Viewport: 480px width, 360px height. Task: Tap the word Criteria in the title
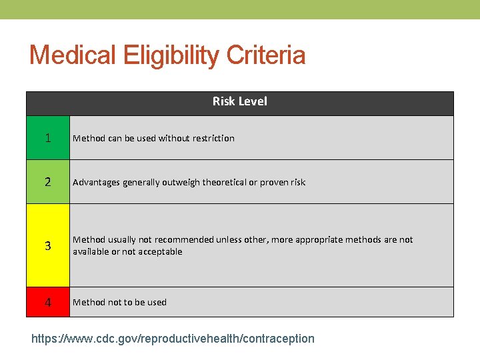[x=266, y=55]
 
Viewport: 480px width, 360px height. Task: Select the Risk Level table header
[x=240, y=101]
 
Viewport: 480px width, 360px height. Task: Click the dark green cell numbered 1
[x=48, y=138]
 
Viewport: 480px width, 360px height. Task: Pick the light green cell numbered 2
[x=48, y=182]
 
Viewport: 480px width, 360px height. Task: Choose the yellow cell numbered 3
[x=48, y=245]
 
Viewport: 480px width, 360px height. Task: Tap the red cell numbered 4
[x=48, y=302]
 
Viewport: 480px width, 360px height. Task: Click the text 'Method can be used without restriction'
[x=153, y=138]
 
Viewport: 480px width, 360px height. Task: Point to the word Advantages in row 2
[x=96, y=182]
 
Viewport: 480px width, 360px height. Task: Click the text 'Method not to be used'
[x=119, y=302]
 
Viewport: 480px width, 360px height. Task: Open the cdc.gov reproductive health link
[x=173, y=339]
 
